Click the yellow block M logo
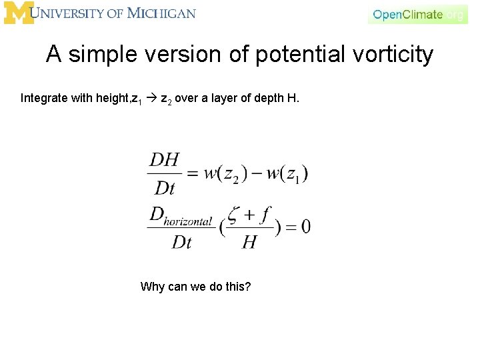coord(19,13)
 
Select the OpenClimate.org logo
coord(417,14)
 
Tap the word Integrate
coord(44,99)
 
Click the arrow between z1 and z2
coord(151,99)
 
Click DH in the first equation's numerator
coord(164,160)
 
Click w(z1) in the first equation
coord(287,173)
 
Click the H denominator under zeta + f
coord(249,241)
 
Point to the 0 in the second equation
coord(305,227)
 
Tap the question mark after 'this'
coord(248,287)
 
